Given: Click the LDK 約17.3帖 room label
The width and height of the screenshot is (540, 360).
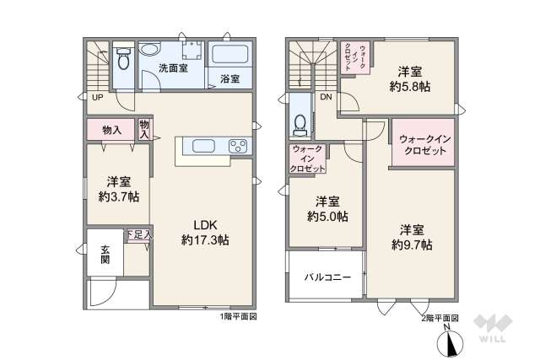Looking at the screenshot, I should point(205,232).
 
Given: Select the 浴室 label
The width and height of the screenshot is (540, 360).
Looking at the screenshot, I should point(229,78).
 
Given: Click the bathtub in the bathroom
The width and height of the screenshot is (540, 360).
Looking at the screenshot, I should point(229,56).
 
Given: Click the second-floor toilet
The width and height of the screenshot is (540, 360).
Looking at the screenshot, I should point(298,124).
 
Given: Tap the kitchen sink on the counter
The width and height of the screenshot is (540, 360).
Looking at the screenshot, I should point(205,146).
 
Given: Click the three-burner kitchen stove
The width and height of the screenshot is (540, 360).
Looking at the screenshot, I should point(238,146).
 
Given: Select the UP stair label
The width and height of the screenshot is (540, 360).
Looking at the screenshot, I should point(98,97).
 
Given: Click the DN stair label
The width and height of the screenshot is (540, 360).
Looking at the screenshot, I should point(326,97).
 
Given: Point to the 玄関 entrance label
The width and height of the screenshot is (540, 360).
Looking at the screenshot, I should point(105,254).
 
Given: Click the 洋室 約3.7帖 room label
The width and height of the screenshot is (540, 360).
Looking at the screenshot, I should point(117,190).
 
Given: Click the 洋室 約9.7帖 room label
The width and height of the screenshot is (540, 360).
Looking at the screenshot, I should point(412,237).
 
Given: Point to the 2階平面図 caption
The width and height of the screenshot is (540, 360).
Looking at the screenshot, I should point(440,317).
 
